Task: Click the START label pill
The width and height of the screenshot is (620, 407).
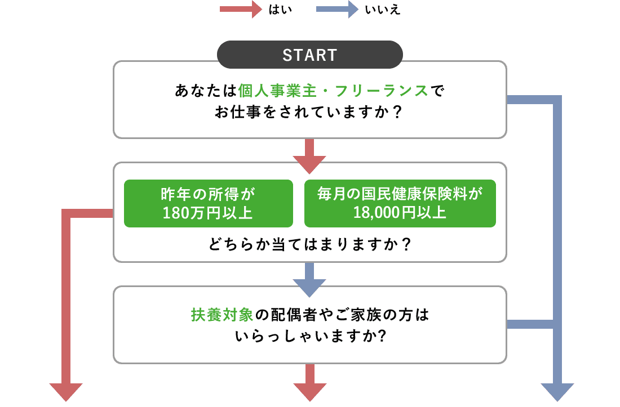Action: pos(310,55)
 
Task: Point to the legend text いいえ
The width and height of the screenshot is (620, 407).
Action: pos(383,10)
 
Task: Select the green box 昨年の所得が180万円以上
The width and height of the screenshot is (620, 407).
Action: pos(209,203)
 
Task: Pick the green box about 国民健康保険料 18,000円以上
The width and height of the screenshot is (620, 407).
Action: pos(400,203)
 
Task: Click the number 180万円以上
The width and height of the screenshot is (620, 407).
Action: pos(207,213)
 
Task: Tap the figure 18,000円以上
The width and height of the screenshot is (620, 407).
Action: pos(400,213)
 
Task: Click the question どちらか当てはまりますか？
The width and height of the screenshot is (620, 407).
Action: pos(309,245)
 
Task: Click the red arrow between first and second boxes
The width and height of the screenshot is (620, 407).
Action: pos(309,155)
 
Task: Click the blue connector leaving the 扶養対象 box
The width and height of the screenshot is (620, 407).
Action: pos(530,324)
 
